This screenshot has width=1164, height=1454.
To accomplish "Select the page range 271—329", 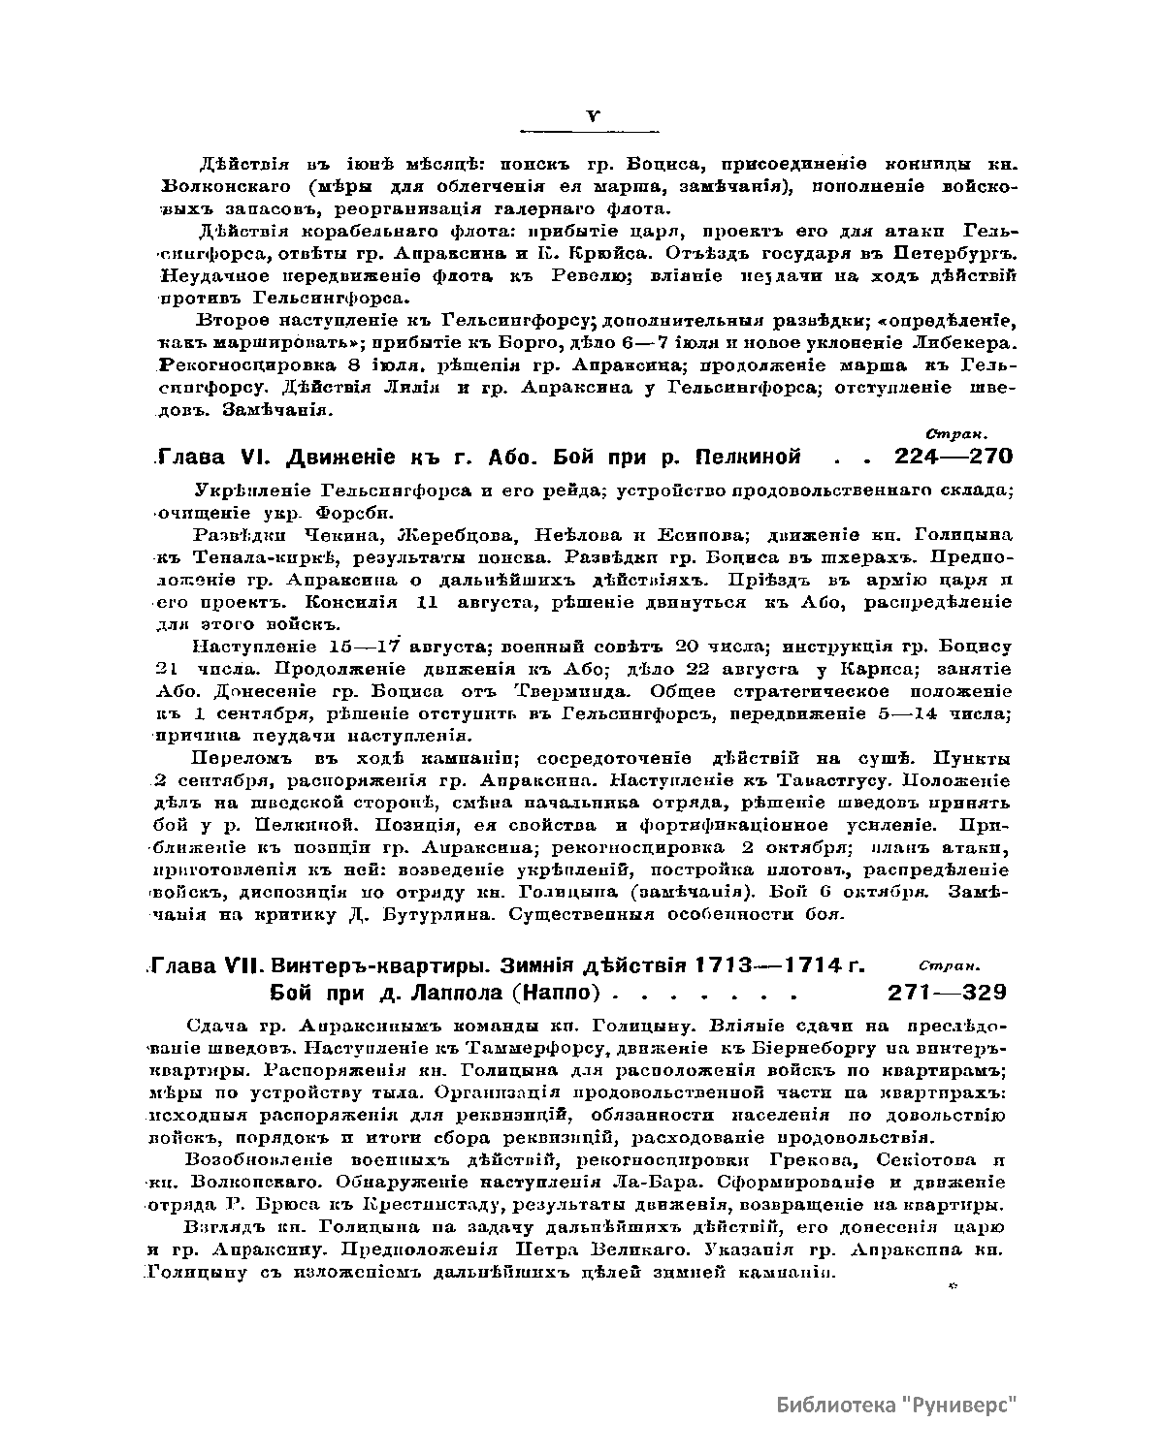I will pyautogui.click(x=947, y=993).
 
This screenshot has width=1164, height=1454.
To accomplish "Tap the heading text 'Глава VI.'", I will pyautogui.click(x=220, y=457).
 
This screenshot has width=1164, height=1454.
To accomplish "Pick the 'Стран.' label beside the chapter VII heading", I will pyautogui.click(x=949, y=965).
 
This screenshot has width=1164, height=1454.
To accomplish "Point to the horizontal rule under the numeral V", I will pyautogui.click(x=590, y=131).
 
